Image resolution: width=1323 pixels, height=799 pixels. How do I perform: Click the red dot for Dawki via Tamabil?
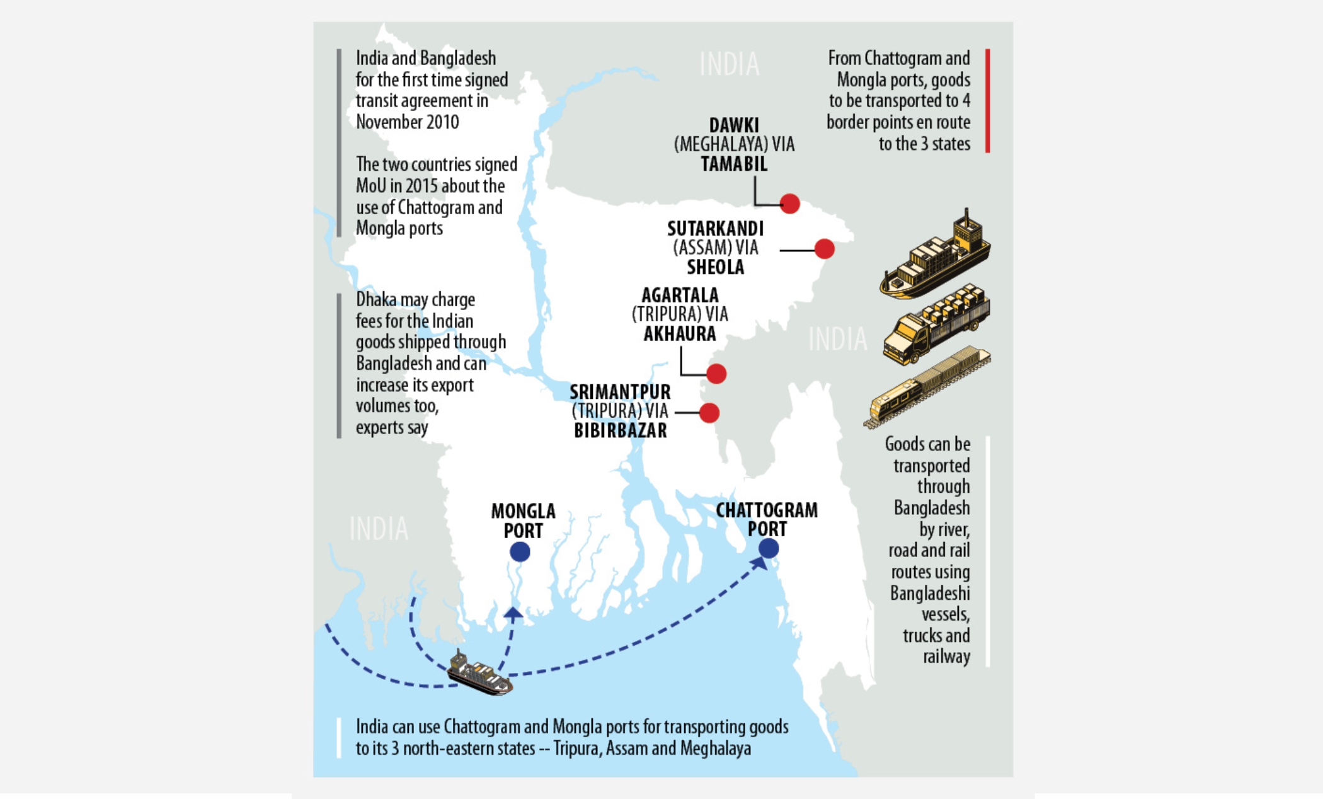(789, 204)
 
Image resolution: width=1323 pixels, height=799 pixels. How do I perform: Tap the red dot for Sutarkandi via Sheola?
(824, 249)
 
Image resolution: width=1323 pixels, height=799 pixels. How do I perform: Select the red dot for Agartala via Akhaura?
(716, 374)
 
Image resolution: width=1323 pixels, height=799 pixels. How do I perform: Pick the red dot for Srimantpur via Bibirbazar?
(709, 413)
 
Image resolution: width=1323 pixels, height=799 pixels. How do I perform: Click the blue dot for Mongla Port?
(520, 552)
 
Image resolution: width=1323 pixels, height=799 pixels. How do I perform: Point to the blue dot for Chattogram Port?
(769, 548)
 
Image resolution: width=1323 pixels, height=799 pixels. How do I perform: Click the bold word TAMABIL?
(734, 164)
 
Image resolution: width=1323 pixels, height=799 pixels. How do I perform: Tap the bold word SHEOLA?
(715, 268)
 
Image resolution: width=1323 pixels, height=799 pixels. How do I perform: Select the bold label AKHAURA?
(680, 334)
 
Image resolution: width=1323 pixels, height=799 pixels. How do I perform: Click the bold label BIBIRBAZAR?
(620, 431)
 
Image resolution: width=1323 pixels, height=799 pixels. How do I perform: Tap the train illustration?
(926, 386)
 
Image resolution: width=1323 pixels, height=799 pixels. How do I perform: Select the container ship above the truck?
(936, 258)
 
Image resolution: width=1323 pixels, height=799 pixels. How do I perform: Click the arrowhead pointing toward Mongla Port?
(513, 612)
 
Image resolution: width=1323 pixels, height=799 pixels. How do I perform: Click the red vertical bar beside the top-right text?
(987, 101)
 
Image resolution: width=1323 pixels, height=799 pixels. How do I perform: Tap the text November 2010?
(407, 122)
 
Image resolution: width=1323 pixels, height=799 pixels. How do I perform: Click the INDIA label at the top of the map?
(729, 64)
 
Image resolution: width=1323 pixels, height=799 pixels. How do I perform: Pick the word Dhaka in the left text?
(377, 299)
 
